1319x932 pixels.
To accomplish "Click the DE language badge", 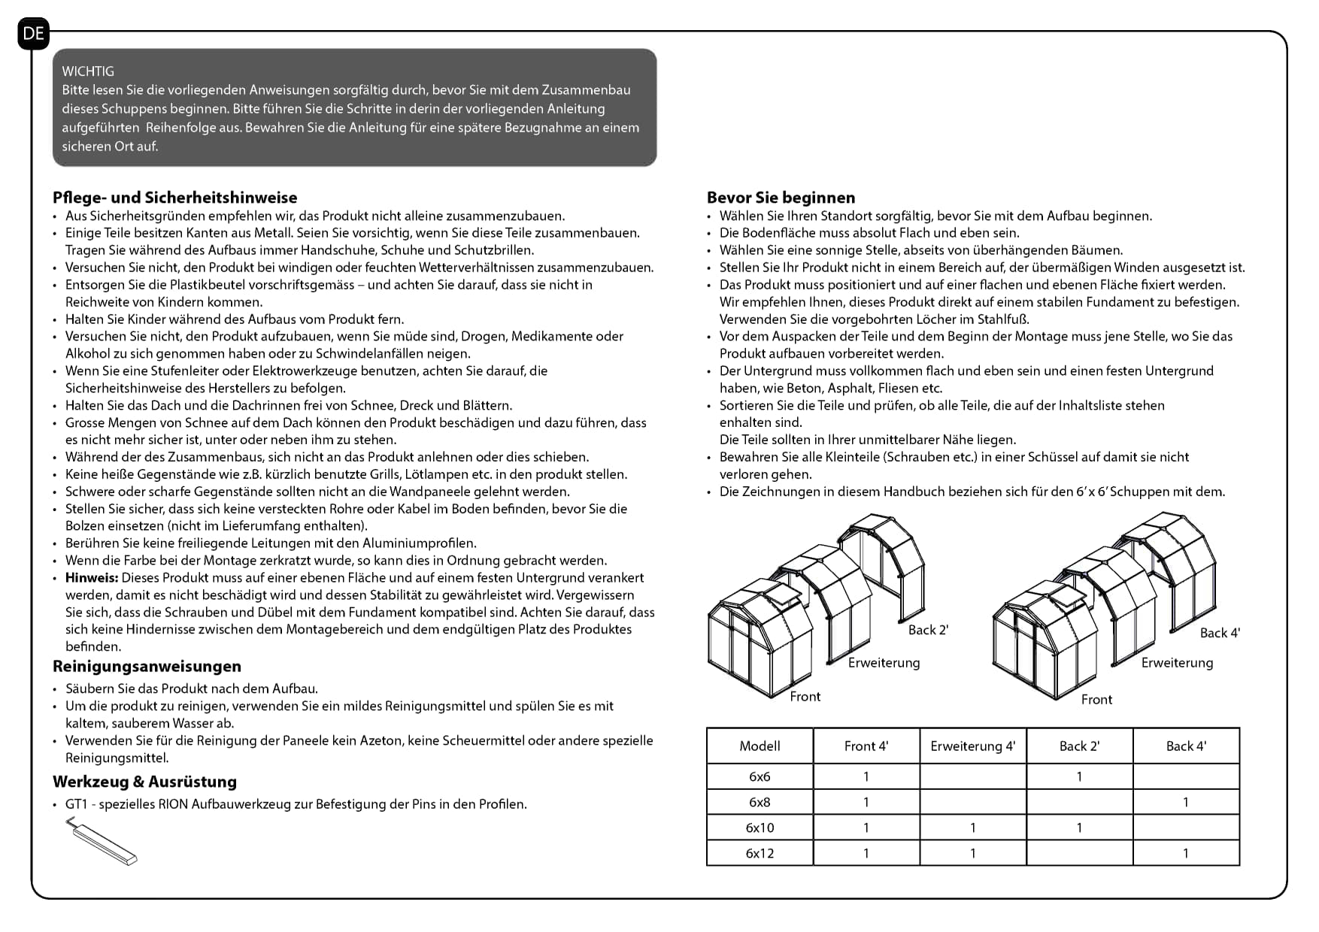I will coord(34,34).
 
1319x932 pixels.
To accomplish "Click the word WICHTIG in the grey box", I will coord(88,71).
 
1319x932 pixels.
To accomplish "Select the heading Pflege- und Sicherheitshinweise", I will coord(175,198).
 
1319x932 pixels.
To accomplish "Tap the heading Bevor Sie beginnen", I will coord(781,198).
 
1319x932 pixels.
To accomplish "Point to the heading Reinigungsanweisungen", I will coord(147,667).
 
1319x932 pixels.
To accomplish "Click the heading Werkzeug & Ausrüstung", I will coord(144,782).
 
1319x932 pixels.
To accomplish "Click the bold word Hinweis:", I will coord(92,578).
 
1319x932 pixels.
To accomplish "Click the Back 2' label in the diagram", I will coord(928,631).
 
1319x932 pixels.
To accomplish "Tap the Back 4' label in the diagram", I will coord(1219,634).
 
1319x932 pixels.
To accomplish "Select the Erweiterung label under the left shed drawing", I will coord(884,663).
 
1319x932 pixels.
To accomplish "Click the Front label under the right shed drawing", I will coord(1096,700).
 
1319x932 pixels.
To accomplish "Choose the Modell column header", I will coord(760,746).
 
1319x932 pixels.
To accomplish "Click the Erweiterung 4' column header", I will coord(972,746).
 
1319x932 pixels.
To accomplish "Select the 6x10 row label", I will coord(760,828).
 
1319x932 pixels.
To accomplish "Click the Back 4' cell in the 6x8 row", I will coord(1186,803).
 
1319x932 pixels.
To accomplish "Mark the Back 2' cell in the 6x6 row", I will coord(1079,777).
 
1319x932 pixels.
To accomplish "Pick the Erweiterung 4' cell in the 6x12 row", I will coord(972,854).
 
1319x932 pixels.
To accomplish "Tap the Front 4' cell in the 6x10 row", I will coord(866,828).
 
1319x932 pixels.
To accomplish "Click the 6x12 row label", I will coord(760,854).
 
